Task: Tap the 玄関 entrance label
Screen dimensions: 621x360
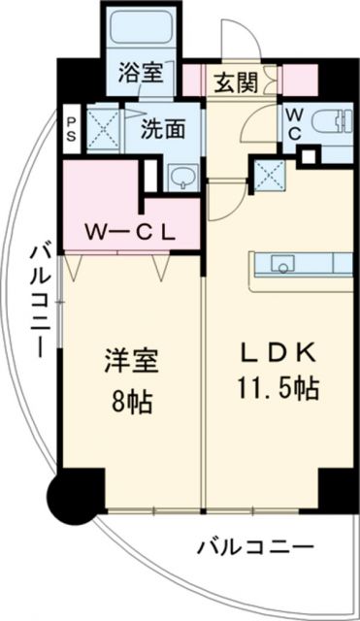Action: [236, 82]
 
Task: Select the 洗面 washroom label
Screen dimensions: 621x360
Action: [156, 129]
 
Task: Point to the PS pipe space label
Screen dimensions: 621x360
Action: [71, 129]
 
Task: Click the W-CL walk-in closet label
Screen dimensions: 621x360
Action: [128, 232]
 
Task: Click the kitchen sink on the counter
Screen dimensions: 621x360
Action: [282, 262]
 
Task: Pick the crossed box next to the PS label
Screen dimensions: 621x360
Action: [101, 130]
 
